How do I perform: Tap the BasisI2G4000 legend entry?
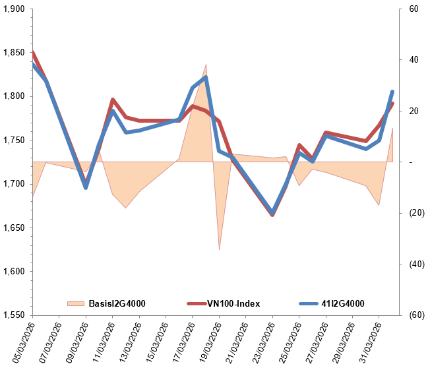(x=117, y=303)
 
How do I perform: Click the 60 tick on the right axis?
(x=414, y=9)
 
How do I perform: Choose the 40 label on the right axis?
(x=414, y=60)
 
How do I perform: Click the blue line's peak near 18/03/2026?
(x=206, y=77)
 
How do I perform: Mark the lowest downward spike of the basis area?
(x=219, y=250)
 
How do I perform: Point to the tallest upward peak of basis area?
(x=206, y=64)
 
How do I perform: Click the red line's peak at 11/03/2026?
(x=113, y=100)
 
